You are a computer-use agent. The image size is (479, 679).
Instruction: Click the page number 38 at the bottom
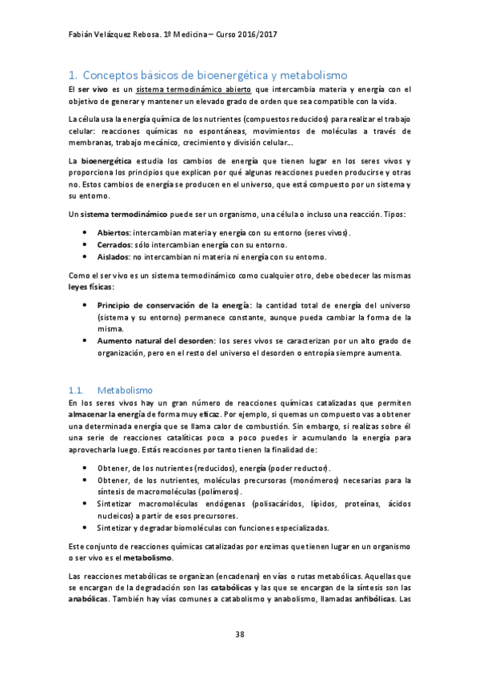coord(239,635)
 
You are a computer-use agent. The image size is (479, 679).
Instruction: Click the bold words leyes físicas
coord(91,286)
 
